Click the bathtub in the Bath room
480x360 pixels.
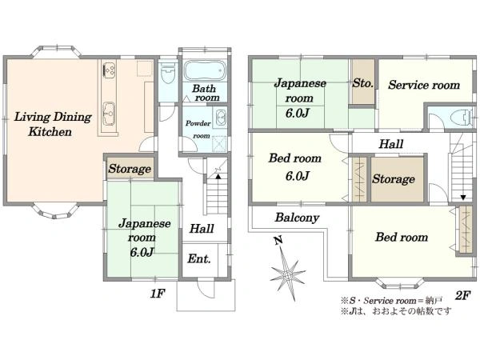[205, 70]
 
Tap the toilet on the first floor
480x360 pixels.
[167, 73]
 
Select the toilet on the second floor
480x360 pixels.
[462, 118]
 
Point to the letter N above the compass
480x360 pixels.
[278, 241]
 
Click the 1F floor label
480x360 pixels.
[158, 294]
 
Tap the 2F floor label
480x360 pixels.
[462, 296]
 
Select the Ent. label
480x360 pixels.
[199, 259]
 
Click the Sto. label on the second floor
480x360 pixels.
[362, 83]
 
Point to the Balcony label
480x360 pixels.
[297, 218]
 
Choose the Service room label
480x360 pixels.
[424, 85]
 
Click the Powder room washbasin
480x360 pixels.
[221, 118]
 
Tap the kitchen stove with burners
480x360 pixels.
[109, 70]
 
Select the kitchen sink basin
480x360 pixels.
[109, 114]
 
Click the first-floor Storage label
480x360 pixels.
[130, 169]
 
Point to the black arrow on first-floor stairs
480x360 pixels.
[218, 176]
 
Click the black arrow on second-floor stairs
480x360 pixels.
[463, 198]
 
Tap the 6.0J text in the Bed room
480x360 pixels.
[298, 176]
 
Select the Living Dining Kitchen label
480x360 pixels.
[53, 124]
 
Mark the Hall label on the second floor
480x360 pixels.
[391, 144]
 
